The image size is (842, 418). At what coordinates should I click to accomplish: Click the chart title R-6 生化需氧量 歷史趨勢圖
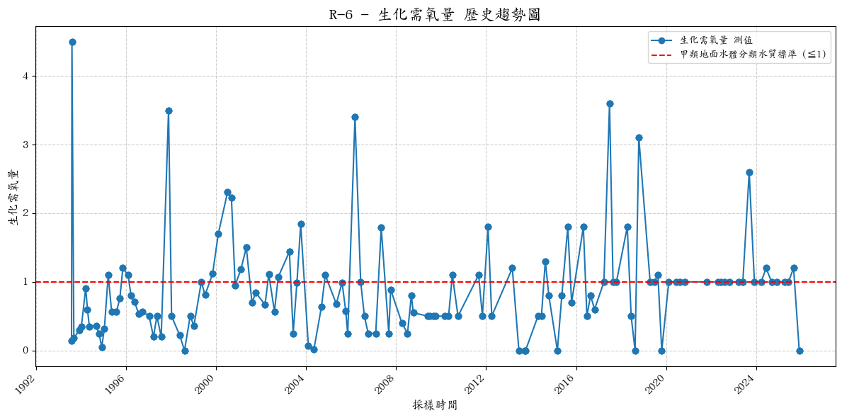click(x=435, y=15)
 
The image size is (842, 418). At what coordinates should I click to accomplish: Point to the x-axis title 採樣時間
click(x=435, y=405)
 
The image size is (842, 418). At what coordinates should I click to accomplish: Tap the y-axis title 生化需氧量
click(x=14, y=197)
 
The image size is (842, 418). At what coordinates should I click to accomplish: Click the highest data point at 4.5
click(x=72, y=42)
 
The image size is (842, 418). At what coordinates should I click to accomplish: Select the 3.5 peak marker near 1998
click(x=169, y=111)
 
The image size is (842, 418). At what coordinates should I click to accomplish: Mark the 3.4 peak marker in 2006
click(x=355, y=117)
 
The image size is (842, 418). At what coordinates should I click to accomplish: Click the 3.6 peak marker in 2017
click(x=610, y=103)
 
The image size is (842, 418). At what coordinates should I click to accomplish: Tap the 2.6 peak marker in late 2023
click(x=749, y=172)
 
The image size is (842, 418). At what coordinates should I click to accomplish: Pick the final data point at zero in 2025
click(x=800, y=351)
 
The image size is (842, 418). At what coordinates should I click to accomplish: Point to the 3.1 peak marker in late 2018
click(x=639, y=137)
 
